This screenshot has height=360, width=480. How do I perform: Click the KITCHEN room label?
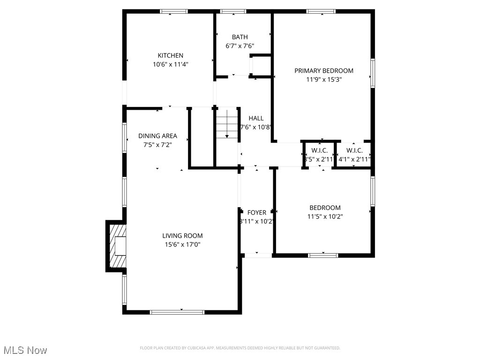[170, 55]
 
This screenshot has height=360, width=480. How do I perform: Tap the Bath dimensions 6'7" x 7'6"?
[240, 46]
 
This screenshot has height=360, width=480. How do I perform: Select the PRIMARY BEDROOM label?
[323, 71]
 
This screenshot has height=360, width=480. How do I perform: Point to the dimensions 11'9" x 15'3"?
[323, 80]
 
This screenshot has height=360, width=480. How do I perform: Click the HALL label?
[256, 118]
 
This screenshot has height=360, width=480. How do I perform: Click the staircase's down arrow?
[227, 135]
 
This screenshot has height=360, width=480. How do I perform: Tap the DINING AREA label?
[157, 136]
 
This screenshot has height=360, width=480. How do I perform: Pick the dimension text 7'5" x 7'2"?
[157, 145]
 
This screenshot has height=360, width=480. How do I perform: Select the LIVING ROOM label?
[182, 236]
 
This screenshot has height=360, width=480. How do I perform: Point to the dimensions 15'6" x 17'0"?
[182, 244]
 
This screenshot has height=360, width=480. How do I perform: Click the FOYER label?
[257, 212]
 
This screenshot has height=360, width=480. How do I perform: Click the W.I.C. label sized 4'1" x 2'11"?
[354, 150]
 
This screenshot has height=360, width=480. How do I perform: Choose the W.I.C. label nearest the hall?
[319, 150]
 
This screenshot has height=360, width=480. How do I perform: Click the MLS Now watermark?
[25, 350]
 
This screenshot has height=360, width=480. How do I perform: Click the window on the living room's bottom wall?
[177, 312]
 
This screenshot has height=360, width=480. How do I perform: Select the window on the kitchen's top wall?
[173, 11]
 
